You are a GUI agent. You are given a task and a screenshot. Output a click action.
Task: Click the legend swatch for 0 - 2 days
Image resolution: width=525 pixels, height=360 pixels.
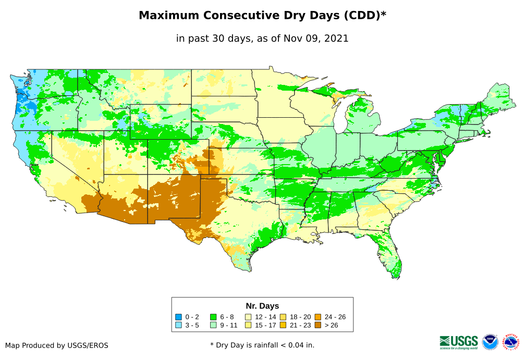[179, 317]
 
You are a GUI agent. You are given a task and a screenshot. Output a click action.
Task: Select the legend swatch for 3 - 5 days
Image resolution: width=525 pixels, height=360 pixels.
[179, 325]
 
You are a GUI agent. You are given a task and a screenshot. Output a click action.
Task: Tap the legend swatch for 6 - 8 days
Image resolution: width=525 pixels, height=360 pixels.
[213, 317]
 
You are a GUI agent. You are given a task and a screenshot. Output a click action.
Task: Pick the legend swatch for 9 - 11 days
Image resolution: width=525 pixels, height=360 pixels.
[213, 325]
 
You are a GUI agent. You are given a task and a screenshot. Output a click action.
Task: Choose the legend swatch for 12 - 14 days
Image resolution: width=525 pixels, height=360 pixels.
[248, 317]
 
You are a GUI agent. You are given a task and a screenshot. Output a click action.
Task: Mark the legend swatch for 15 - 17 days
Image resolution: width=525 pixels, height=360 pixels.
[248, 325]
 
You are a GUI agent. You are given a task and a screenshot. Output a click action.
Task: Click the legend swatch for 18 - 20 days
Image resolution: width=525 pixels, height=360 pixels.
[283, 317]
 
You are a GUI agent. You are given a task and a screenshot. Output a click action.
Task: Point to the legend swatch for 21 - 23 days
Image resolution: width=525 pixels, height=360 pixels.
[283, 325]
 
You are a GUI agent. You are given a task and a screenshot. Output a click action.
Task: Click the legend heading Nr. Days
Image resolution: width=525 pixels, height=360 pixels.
[262, 306]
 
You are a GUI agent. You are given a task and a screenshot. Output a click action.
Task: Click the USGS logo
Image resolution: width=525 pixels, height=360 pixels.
[459, 342]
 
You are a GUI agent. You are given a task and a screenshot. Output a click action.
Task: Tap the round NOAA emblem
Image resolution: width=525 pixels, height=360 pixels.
[490, 342]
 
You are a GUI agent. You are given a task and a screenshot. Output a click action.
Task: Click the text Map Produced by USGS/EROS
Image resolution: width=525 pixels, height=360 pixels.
[57, 345]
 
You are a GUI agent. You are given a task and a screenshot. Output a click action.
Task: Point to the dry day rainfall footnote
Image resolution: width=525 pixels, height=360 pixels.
[262, 345]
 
